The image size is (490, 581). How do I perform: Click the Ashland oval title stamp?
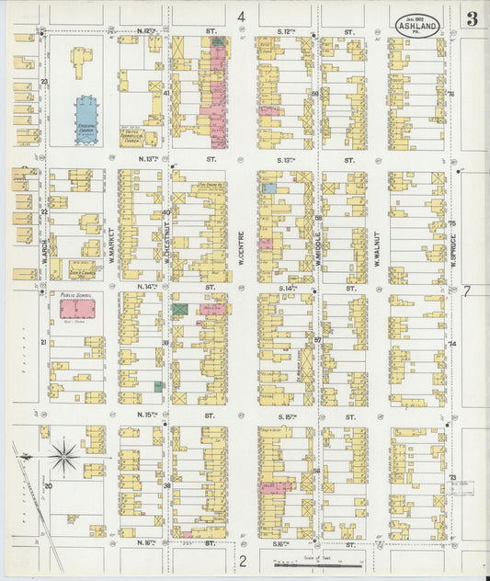pos(417,23)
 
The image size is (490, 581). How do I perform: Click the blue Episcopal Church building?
pos(86,116)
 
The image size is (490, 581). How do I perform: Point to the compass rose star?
pos(65,452)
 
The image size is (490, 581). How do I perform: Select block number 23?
pos(43,83)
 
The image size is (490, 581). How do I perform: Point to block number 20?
pos(49,484)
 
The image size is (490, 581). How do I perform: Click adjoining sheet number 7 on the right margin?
pos(467,291)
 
